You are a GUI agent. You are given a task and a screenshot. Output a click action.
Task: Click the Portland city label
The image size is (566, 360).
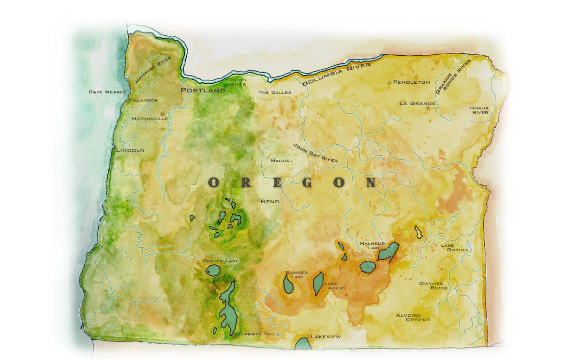(x=203, y=90)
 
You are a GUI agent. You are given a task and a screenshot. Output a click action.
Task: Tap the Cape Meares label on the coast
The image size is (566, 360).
(x=107, y=92)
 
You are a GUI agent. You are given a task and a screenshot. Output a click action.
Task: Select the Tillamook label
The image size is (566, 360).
(x=144, y=100)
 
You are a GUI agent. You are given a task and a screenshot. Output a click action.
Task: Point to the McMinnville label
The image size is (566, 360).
(x=150, y=118)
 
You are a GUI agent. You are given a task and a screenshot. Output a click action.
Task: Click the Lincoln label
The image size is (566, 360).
(x=130, y=150)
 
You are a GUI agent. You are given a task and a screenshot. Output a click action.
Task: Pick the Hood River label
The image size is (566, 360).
(x=237, y=82)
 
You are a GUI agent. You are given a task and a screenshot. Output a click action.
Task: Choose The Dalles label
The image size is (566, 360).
(x=275, y=92)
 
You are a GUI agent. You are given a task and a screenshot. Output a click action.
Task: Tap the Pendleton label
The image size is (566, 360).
(x=411, y=82)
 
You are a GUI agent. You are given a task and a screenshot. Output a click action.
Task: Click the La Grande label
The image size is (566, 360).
(x=417, y=104)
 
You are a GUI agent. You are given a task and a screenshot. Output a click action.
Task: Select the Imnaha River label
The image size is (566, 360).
(x=478, y=110)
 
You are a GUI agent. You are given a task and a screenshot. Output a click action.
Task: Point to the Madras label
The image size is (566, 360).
(x=282, y=161)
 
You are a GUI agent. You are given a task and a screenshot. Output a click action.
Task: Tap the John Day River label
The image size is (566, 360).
(x=315, y=153)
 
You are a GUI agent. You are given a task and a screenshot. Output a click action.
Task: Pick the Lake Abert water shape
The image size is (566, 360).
(x=318, y=284)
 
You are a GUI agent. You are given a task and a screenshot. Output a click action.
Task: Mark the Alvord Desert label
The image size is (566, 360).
(x=413, y=317)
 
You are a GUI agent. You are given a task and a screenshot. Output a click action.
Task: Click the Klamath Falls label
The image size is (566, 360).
(x=258, y=334)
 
